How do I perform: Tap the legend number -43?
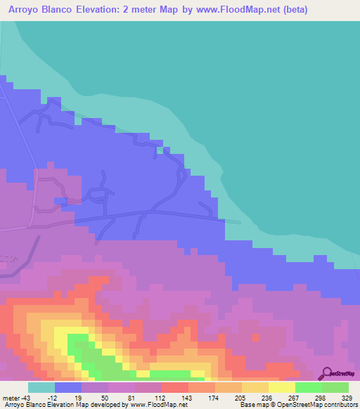coord(25,397)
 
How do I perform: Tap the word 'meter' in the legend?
coord(9,397)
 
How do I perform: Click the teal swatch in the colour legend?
coord(41,387)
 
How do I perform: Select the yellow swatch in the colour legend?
coord(281,387)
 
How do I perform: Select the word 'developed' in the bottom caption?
coord(90,405)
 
